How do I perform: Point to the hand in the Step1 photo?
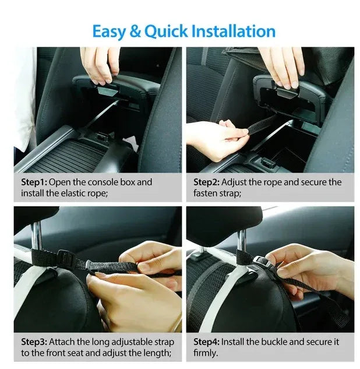pos(100,63)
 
